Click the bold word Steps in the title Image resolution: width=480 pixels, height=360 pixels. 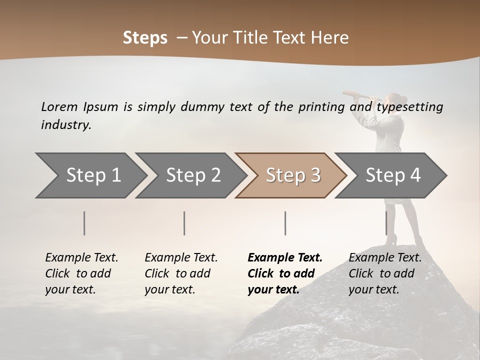pyautogui.click(x=145, y=38)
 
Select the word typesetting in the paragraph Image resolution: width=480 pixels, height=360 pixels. pyautogui.click(x=409, y=107)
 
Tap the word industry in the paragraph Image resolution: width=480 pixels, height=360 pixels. pyautogui.click(x=65, y=125)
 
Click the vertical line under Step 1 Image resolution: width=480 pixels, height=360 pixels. pyautogui.click(x=84, y=223)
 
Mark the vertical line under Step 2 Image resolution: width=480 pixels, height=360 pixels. pyautogui.click(x=184, y=223)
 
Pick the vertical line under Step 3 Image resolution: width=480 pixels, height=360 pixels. pyautogui.click(x=285, y=223)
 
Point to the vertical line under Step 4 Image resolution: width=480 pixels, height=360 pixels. pyautogui.click(x=386, y=223)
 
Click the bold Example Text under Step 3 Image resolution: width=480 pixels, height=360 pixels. pyautogui.click(x=285, y=258)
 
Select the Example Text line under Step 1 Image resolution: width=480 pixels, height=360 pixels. pyautogui.click(x=81, y=258)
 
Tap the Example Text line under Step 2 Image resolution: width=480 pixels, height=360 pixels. pyautogui.click(x=181, y=258)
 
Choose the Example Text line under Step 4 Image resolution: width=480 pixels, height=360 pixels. pyautogui.click(x=385, y=258)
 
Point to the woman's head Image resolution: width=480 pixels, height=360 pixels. pyautogui.click(x=395, y=100)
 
